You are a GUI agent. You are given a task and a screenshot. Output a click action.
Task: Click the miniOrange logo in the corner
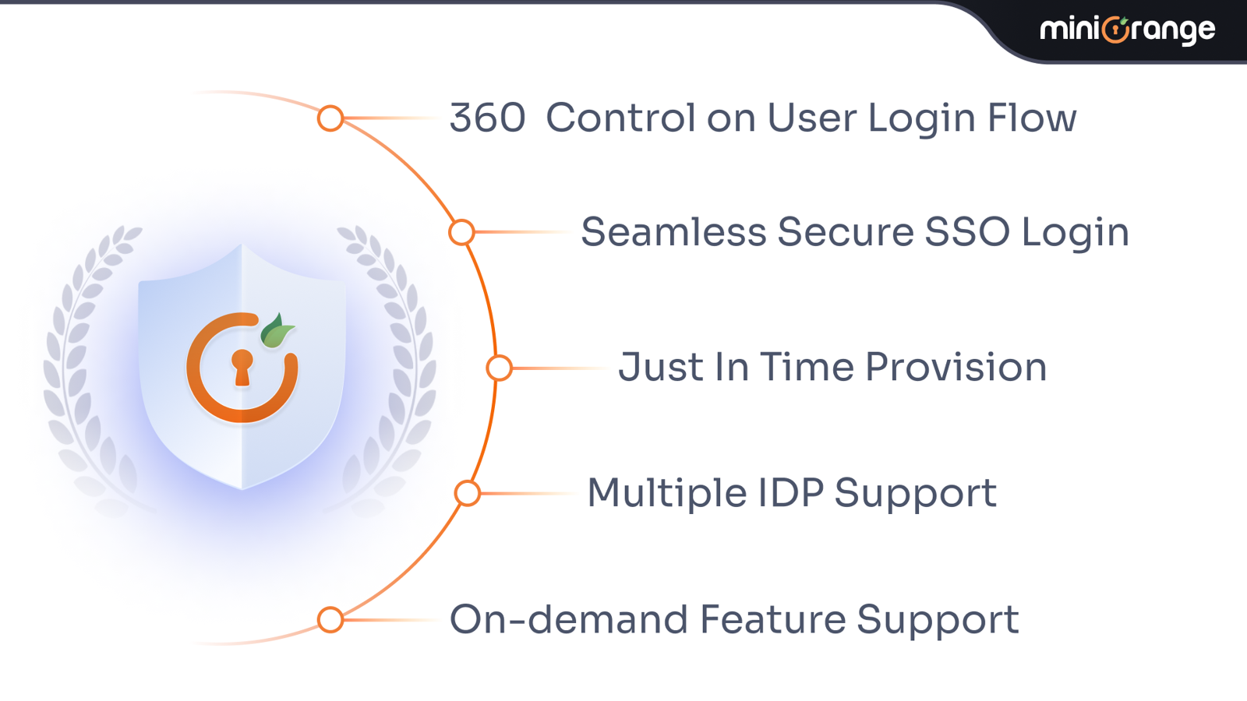pyautogui.click(x=1127, y=30)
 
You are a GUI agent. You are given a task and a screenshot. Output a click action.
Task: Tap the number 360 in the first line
pyautogui.click(x=487, y=118)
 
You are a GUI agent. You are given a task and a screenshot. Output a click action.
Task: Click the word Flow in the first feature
pyautogui.click(x=1032, y=118)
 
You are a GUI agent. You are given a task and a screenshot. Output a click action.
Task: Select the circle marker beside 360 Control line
pyautogui.click(x=330, y=118)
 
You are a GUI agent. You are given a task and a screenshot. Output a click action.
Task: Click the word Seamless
pyautogui.click(x=673, y=231)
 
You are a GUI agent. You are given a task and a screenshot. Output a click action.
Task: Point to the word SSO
pyautogui.click(x=967, y=231)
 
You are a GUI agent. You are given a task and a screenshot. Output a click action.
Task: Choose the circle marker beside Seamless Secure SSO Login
pyautogui.click(x=461, y=232)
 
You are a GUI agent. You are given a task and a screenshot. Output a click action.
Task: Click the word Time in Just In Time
pyautogui.click(x=807, y=367)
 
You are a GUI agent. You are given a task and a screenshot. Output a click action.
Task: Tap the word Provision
pyautogui.click(x=956, y=367)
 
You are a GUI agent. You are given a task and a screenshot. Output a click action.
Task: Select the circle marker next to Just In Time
pyautogui.click(x=500, y=368)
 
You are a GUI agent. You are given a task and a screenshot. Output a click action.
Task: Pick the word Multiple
pyautogui.click(x=667, y=494)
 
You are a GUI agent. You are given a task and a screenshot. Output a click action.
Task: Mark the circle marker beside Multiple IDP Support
pyautogui.click(x=468, y=494)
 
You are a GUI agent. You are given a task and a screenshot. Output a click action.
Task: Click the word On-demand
pyautogui.click(x=568, y=618)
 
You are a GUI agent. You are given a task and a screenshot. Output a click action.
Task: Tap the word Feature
pyautogui.click(x=772, y=618)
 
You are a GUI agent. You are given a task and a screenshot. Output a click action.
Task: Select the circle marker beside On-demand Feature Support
pyautogui.click(x=330, y=620)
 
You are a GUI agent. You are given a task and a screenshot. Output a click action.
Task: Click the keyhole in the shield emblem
pyautogui.click(x=242, y=368)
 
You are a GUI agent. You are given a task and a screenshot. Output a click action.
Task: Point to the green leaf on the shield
pyautogui.click(x=276, y=331)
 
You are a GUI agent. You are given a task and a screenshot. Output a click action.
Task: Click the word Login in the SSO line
pyautogui.click(x=1075, y=233)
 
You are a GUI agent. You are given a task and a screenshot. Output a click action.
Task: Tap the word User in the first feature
pyautogui.click(x=811, y=118)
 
